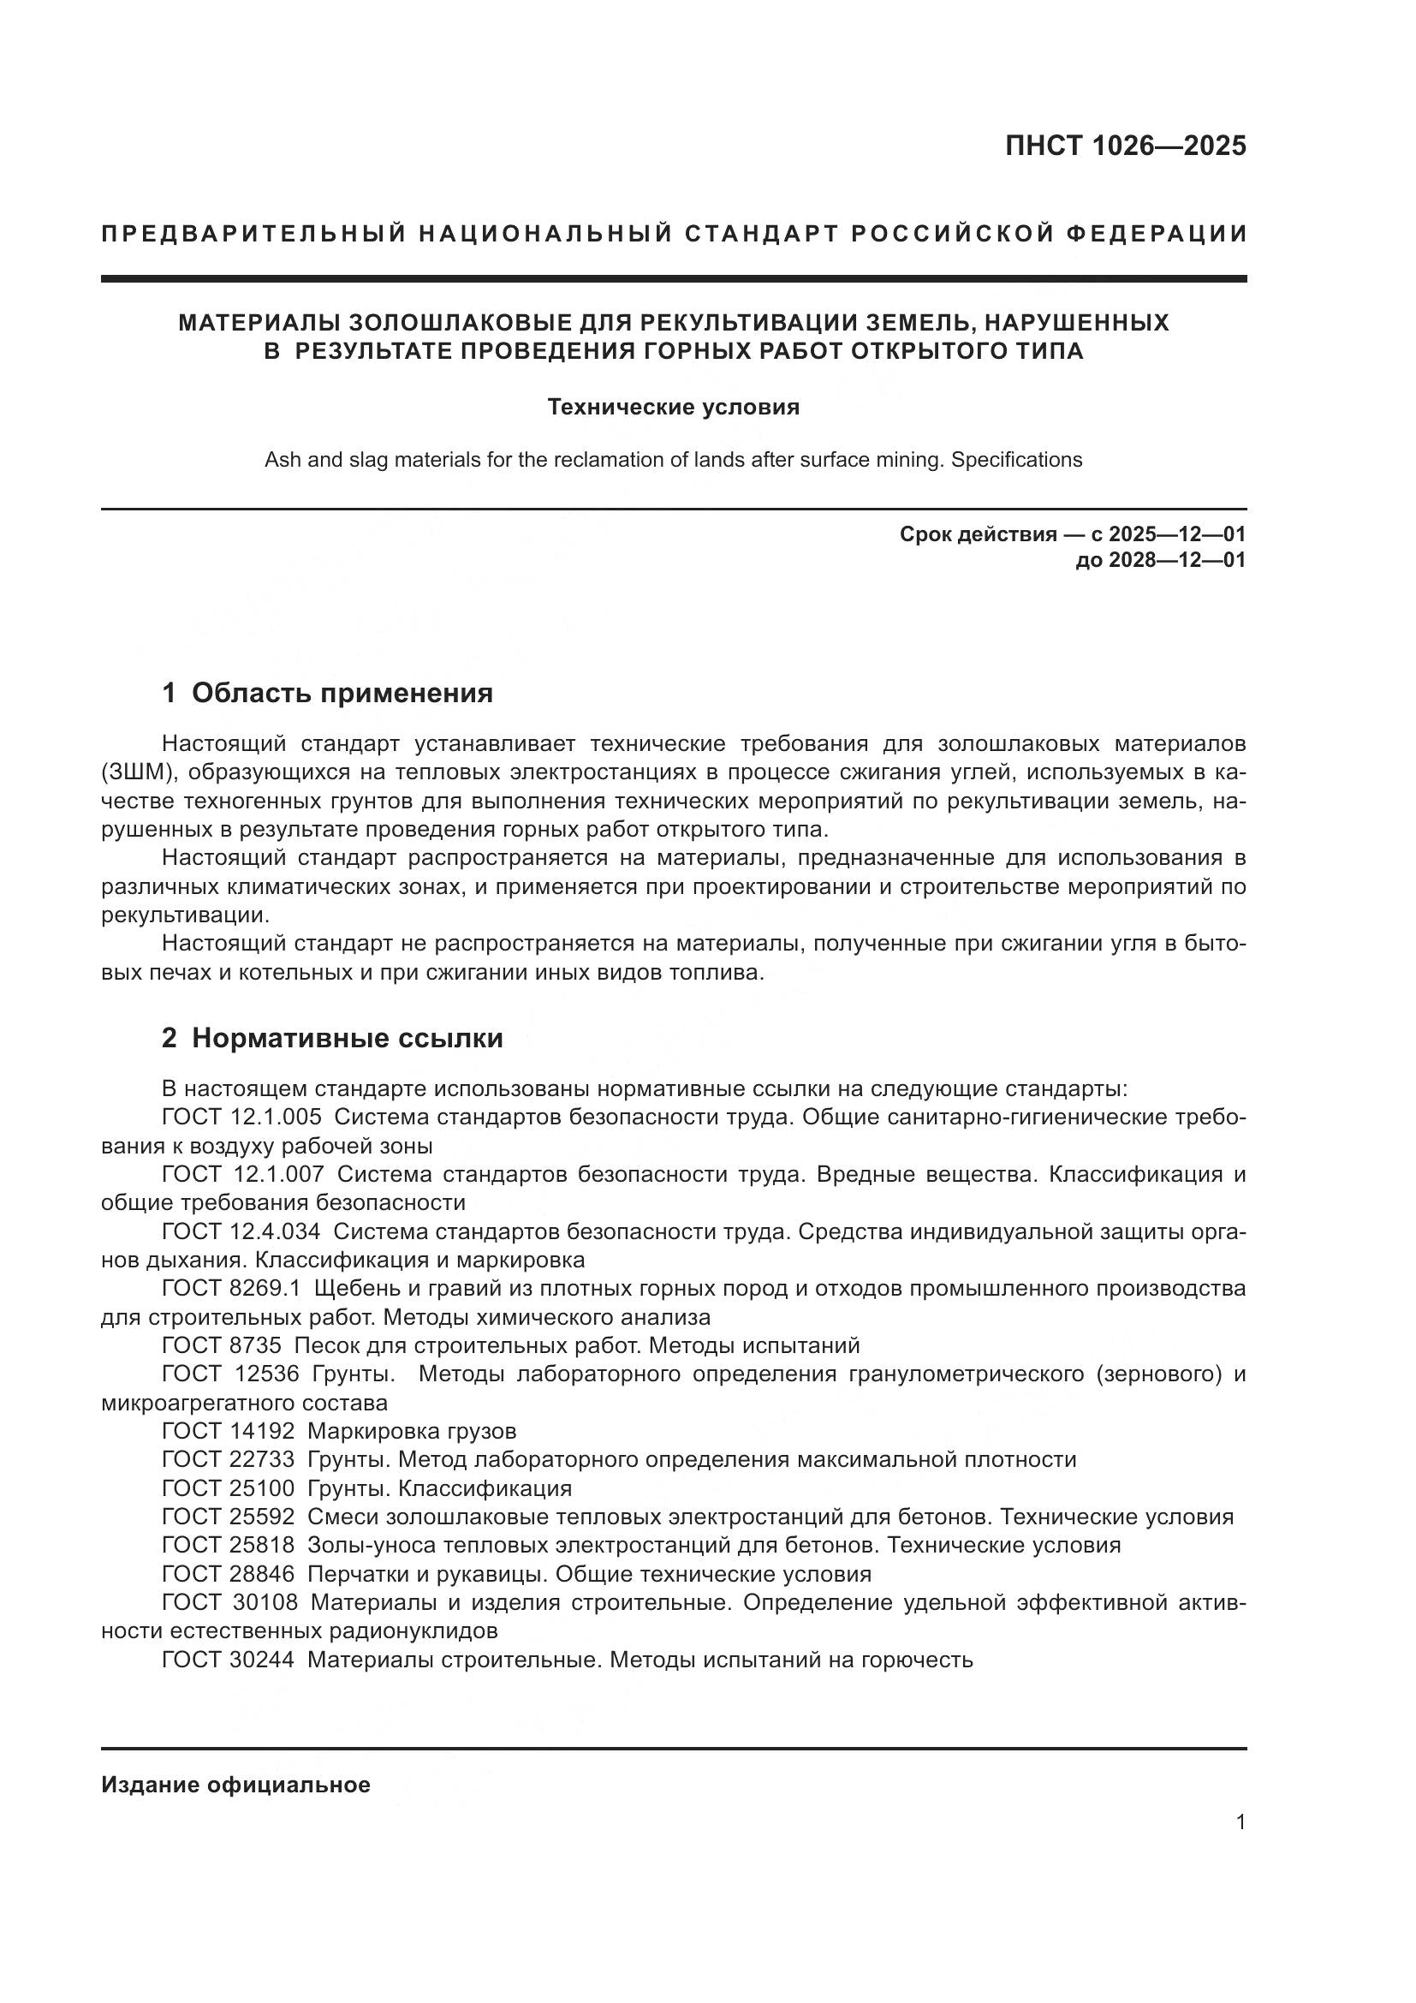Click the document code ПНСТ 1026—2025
point(1125,146)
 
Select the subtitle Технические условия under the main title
point(673,408)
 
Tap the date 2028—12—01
point(1176,560)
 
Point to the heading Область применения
point(342,694)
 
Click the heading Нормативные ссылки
point(347,1038)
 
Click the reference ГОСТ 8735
point(222,1345)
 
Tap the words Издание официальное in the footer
point(235,1785)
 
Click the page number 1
point(1240,1822)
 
